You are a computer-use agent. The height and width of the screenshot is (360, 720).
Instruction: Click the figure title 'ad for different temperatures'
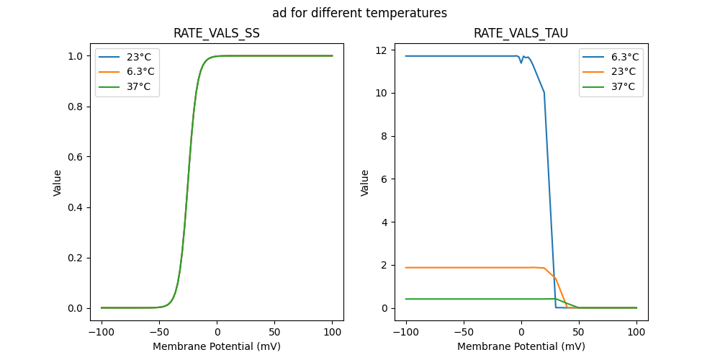pos(359,13)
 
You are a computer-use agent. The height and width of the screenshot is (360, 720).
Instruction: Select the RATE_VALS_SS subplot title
pos(217,33)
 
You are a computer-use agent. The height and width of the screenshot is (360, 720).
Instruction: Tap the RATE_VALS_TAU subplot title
pos(521,33)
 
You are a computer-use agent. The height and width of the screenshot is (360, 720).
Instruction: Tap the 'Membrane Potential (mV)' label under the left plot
pos(217,346)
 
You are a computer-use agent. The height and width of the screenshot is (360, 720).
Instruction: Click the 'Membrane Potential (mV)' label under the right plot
pos(521,346)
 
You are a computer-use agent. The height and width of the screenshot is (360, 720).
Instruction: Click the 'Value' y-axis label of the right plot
pos(365,183)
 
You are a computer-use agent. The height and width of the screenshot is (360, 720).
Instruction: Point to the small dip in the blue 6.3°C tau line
pos(521,63)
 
